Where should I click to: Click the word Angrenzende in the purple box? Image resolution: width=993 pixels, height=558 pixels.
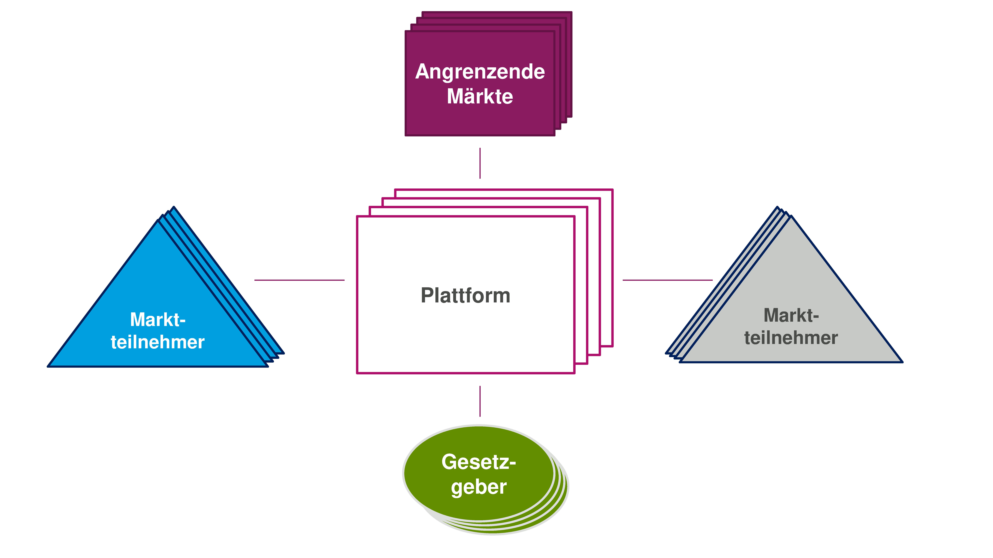click(x=480, y=72)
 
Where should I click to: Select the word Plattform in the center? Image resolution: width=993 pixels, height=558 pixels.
click(x=465, y=296)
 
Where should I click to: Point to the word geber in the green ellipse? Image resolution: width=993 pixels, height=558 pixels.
click(x=478, y=487)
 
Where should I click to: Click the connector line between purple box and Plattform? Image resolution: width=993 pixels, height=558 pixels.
click(x=480, y=163)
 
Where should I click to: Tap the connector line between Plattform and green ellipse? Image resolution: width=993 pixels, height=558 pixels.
click(x=480, y=401)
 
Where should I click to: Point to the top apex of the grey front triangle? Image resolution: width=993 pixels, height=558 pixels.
click(x=791, y=216)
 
